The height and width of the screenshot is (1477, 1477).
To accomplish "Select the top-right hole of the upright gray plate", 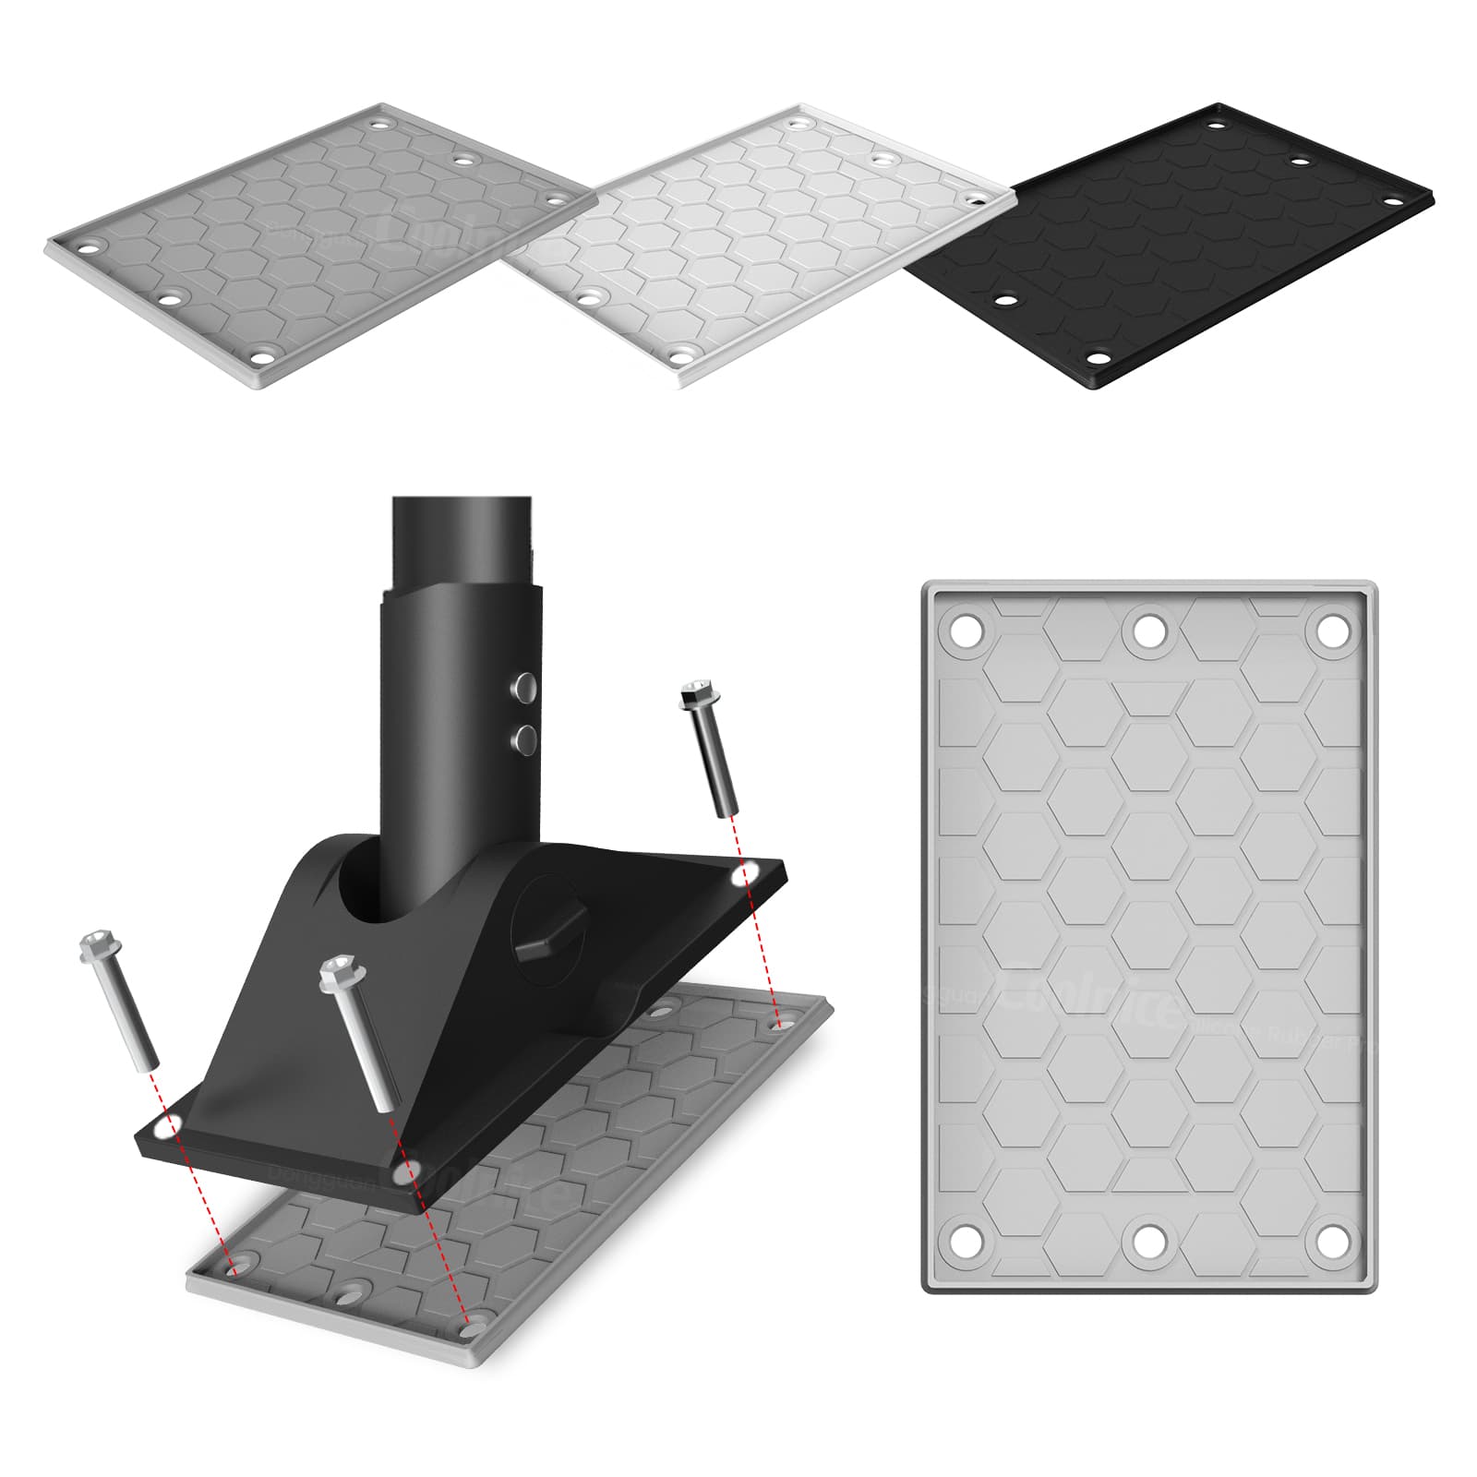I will pyautogui.click(x=1330, y=632).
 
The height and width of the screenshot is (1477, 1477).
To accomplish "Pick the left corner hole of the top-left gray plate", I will pyautogui.click(x=89, y=246).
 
